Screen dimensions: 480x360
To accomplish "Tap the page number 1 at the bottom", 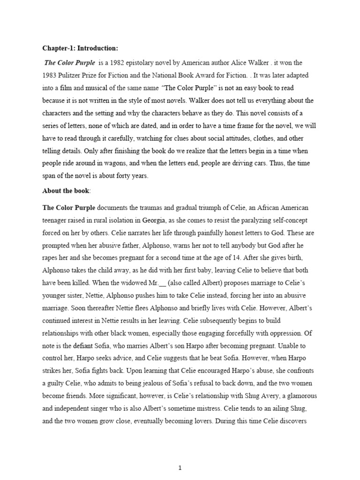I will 180,455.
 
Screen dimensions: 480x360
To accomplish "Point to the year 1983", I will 51,75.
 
